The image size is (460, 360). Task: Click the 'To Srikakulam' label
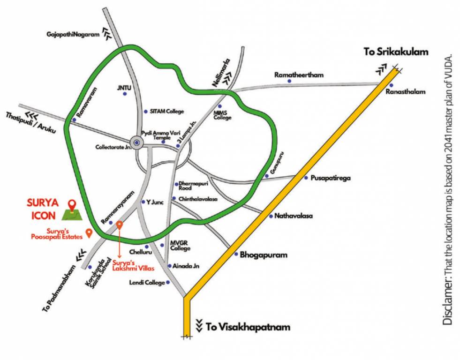click(396, 52)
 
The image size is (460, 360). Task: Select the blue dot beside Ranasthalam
click(391, 85)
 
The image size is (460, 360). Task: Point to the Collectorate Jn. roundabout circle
click(136, 142)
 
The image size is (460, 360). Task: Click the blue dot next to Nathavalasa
click(271, 216)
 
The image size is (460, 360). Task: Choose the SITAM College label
click(167, 112)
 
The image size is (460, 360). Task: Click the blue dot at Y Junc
click(143, 202)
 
